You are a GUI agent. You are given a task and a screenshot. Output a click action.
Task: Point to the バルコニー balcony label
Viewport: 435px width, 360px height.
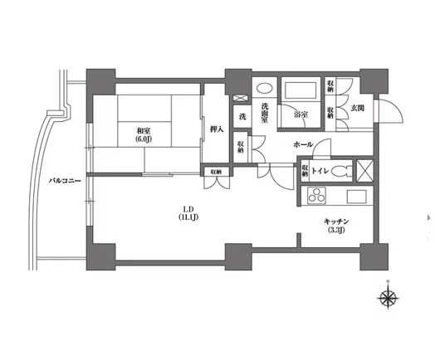64,180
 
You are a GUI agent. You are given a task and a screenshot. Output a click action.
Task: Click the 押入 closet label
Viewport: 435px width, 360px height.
216,129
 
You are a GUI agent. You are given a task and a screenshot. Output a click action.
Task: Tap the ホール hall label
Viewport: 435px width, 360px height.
303,144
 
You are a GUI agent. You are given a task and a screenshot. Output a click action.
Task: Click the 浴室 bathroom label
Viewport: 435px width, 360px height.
301,115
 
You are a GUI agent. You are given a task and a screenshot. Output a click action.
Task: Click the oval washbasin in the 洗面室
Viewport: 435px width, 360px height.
266,89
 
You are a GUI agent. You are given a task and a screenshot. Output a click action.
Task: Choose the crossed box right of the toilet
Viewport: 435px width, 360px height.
364,171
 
